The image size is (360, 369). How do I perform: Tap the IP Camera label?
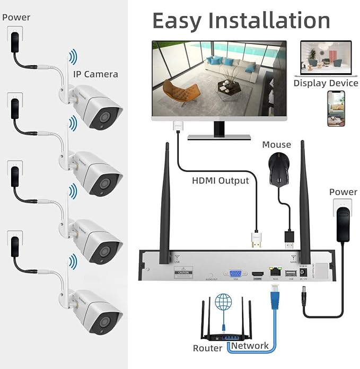pos(95,74)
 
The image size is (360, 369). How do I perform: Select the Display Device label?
pos(326,83)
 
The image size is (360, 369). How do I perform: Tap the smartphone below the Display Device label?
pos(335,109)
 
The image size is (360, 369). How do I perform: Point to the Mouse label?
pos(276,144)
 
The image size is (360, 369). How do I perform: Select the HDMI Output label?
pos(220,180)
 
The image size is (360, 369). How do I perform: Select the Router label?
pos(207,348)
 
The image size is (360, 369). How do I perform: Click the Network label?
pos(249,346)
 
